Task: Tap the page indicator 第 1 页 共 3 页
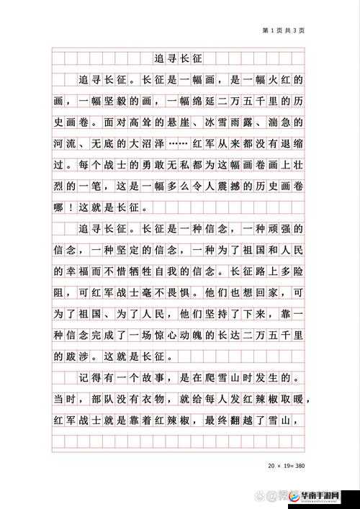283,31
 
